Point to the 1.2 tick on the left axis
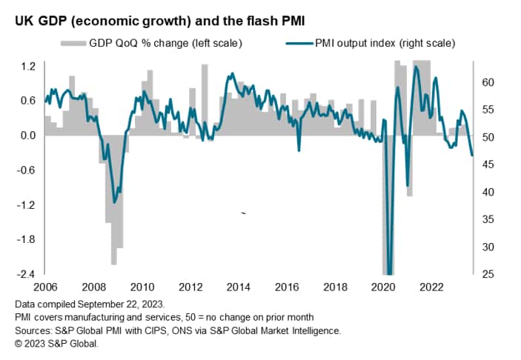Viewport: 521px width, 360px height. pos(27,66)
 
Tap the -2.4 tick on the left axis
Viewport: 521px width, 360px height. pos(26,274)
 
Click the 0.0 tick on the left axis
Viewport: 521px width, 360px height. pos(27,136)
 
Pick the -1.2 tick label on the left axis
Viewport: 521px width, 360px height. pos(26,204)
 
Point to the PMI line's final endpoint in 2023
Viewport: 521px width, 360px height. pos(473,156)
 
